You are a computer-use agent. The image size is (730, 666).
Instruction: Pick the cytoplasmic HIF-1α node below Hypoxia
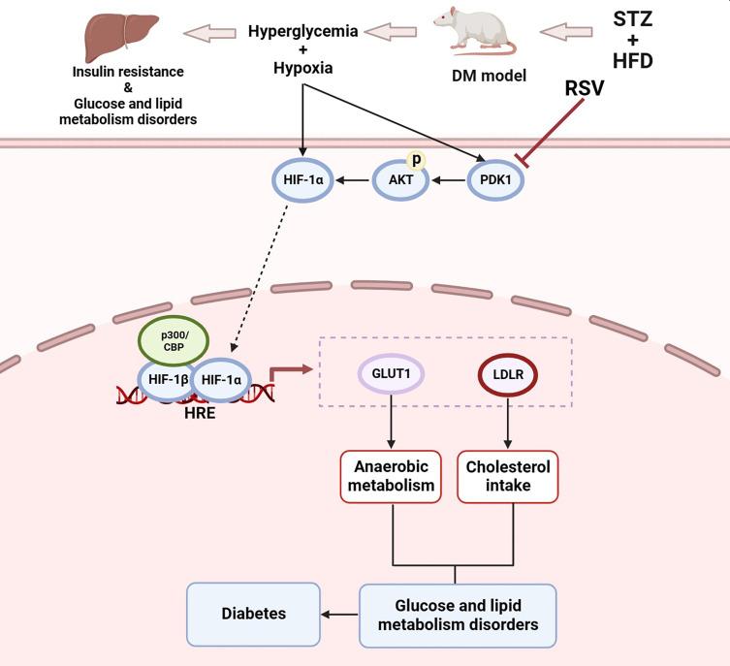304,178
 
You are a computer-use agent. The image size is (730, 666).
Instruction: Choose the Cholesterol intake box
508,476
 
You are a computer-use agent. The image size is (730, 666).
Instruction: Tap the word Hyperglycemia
303,31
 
